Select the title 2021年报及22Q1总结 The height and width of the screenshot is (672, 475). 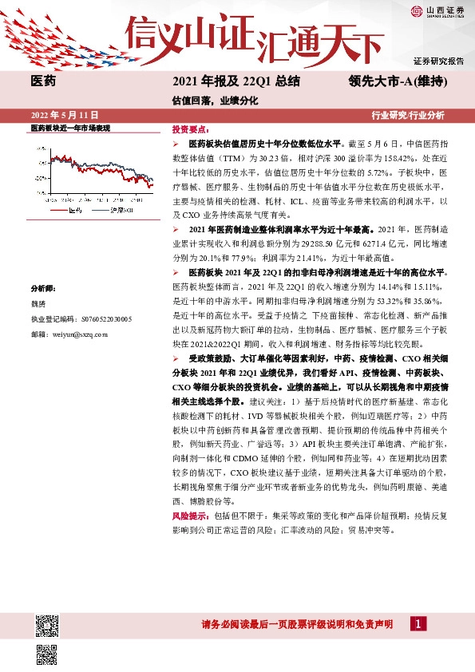(x=236, y=81)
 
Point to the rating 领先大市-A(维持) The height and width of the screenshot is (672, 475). (x=396, y=81)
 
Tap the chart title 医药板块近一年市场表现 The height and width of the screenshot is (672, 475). (x=69, y=128)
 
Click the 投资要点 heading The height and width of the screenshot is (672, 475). (x=191, y=128)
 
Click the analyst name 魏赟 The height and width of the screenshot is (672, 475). (x=38, y=304)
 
